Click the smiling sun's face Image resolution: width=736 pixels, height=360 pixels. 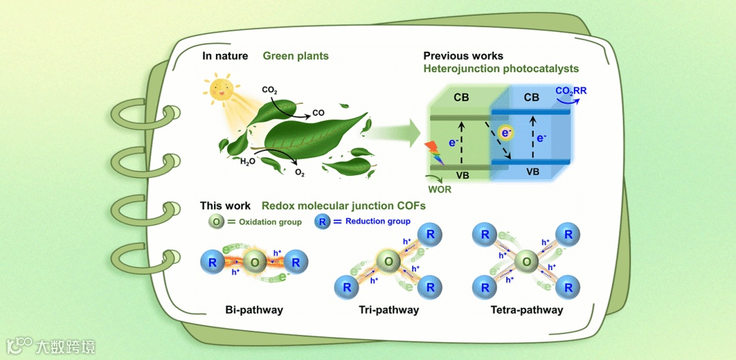(221, 90)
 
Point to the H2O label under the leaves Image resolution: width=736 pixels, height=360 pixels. (247, 162)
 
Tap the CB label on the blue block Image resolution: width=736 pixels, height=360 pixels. (531, 97)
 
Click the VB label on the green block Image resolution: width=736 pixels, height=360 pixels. (462, 174)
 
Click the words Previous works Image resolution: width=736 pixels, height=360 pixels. (463, 56)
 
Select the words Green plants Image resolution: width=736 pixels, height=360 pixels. (296, 56)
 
